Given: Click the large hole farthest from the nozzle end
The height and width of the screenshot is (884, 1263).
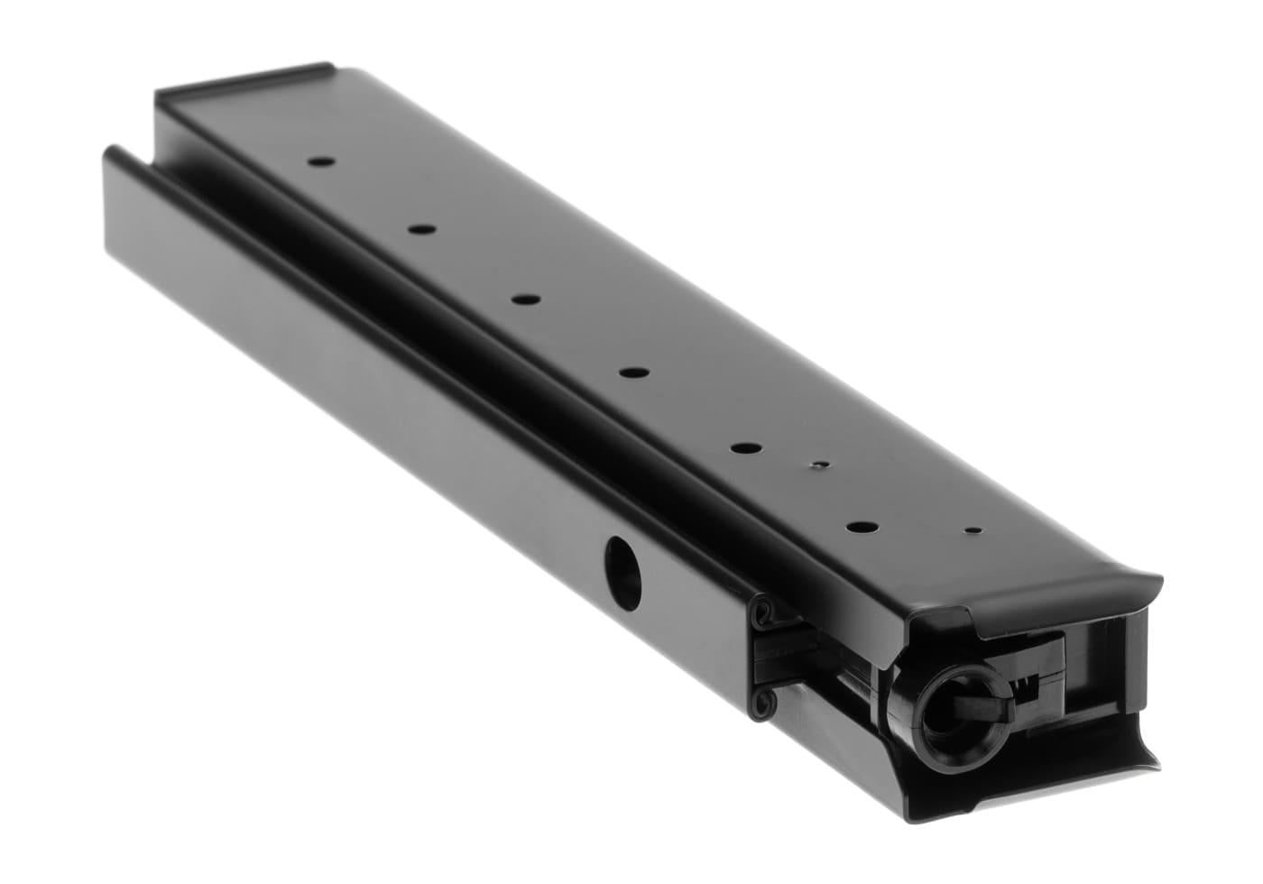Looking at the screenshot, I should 319,163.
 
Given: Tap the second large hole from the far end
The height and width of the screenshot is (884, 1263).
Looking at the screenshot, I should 420,230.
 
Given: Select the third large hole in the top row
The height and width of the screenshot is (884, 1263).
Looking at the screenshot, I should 524,299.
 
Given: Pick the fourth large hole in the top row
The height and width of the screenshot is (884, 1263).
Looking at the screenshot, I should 634,372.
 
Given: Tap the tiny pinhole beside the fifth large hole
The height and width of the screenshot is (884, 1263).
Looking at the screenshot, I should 818,465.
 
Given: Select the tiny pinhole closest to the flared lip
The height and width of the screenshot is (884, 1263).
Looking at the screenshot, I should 971,532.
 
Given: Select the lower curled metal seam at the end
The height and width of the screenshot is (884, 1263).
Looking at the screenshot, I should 764,698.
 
